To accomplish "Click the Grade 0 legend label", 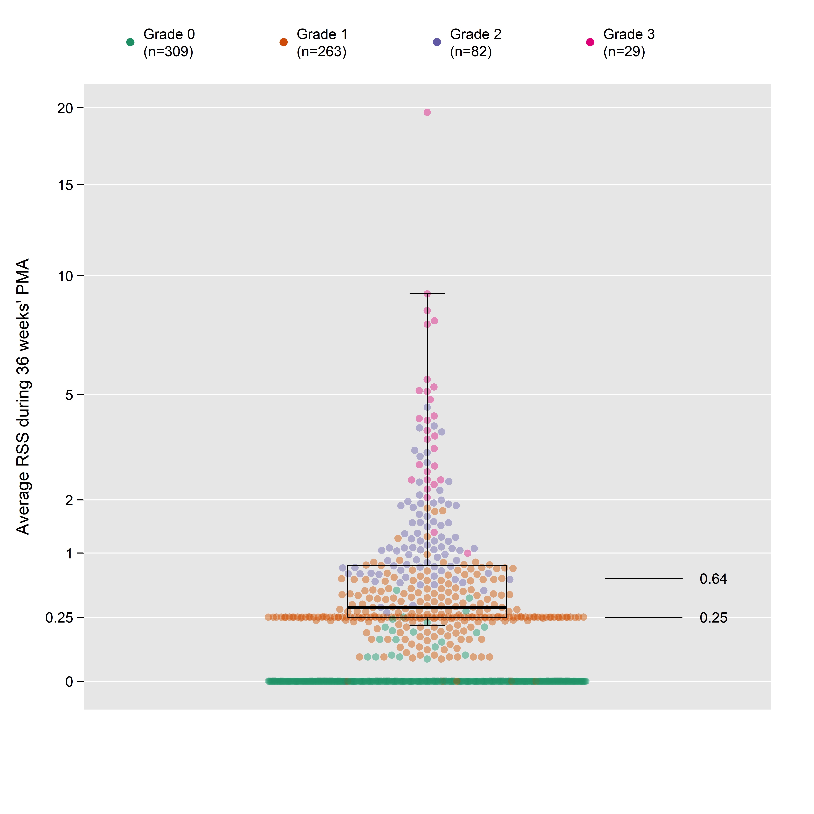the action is coord(169,43).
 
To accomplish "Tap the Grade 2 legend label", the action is coord(476,43).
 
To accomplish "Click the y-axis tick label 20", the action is coord(65,108).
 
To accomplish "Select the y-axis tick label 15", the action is coord(65,185).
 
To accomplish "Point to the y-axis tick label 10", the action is coord(65,276).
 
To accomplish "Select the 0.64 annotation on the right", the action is coord(713,579).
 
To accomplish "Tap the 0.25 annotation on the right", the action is coord(713,618).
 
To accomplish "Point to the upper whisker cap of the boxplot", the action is coord(427,294).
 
